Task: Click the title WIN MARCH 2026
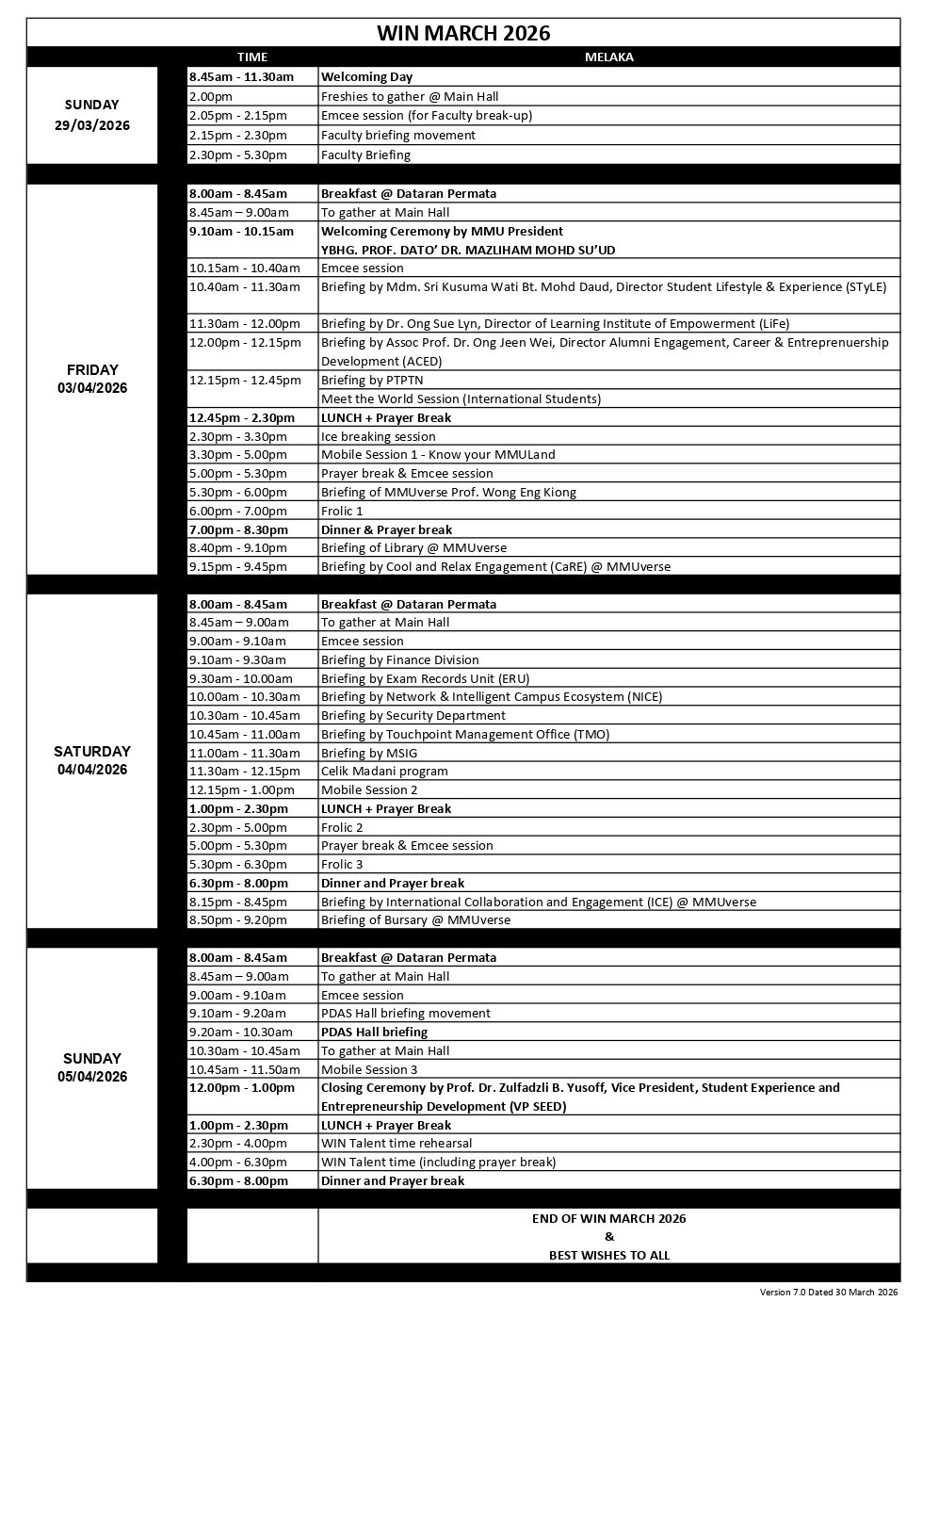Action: pyautogui.click(x=462, y=33)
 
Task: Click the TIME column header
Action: pyautogui.click(x=251, y=57)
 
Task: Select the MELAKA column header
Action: pyautogui.click(x=608, y=57)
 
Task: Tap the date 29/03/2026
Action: pyautogui.click(x=92, y=125)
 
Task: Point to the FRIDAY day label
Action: pyautogui.click(x=92, y=370)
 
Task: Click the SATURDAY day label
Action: pyautogui.click(x=92, y=752)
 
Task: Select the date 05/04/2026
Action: pyautogui.click(x=92, y=1077)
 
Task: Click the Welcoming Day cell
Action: pyautogui.click(x=367, y=77)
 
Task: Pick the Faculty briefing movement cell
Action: pyautogui.click(x=398, y=135)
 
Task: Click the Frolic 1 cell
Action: pyautogui.click(x=342, y=511)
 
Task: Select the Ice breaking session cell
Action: pyautogui.click(x=379, y=436)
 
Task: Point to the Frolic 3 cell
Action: pyautogui.click(x=342, y=864)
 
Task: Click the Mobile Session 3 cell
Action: pyautogui.click(x=369, y=1069)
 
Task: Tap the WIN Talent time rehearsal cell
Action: pyautogui.click(x=397, y=1143)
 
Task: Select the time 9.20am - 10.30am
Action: pyautogui.click(x=241, y=1032)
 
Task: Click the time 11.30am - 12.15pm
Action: pyautogui.click(x=243, y=771)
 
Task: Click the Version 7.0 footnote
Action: pyautogui.click(x=829, y=1293)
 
